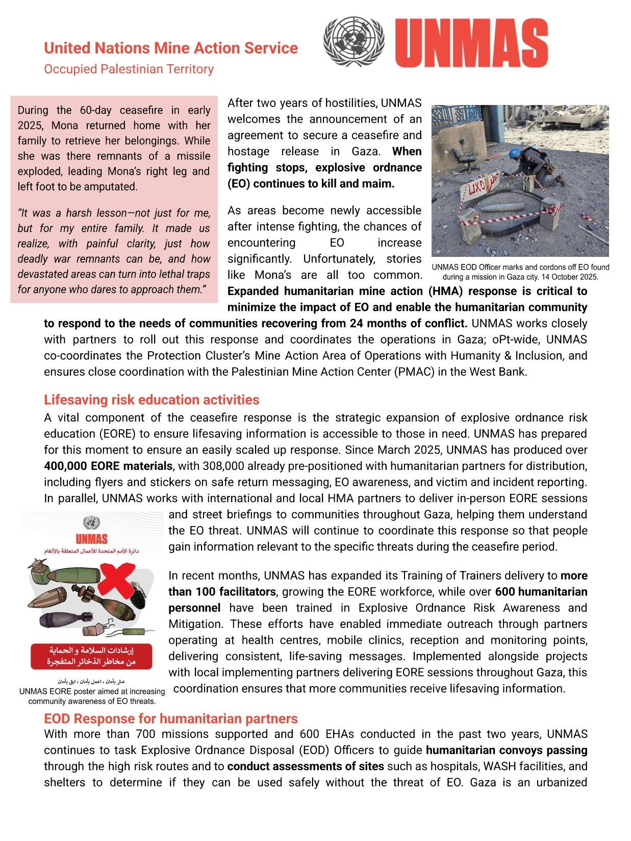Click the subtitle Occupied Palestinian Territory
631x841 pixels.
pyautogui.click(x=129, y=69)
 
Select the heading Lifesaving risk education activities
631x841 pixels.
pyautogui.click(x=152, y=400)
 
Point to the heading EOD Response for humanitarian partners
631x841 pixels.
pyautogui.click(x=170, y=719)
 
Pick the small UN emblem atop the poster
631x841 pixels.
pyautogui.click(x=91, y=522)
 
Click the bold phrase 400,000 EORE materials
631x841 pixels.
pyautogui.click(x=108, y=466)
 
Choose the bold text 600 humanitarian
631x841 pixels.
pyautogui.click(x=541, y=592)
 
